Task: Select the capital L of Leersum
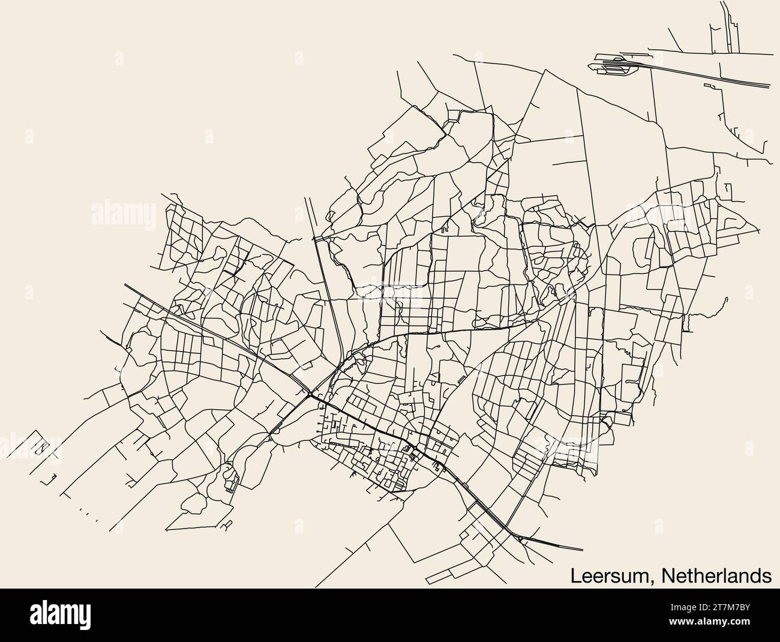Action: [x=575, y=575]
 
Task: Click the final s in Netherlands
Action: [x=767, y=577]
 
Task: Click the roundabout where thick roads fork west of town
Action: [x=310, y=394]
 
